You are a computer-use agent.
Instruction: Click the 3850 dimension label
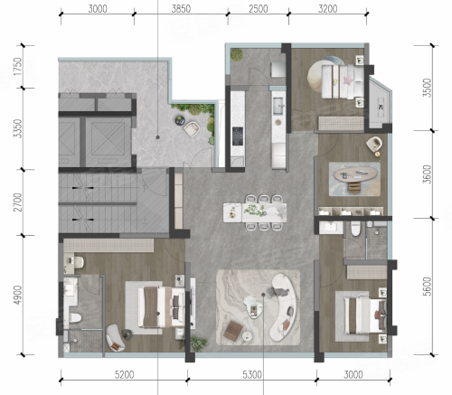pyautogui.click(x=181, y=9)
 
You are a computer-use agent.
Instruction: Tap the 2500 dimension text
pyautogui.click(x=259, y=9)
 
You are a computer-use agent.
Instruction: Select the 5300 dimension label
pyautogui.click(x=252, y=375)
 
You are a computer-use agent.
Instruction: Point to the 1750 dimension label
pyautogui.click(x=17, y=67)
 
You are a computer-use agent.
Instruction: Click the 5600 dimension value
pyautogui.click(x=427, y=287)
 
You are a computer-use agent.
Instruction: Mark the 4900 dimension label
pyautogui.click(x=17, y=295)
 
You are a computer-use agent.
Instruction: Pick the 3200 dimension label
pyautogui.click(x=328, y=9)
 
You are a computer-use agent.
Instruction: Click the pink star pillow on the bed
pyautogui.click(x=348, y=80)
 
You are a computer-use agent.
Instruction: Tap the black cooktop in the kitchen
pyautogui.click(x=238, y=136)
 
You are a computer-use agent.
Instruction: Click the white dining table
pyautogui.click(x=255, y=212)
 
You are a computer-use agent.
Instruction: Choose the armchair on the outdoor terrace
pyautogui.click(x=192, y=128)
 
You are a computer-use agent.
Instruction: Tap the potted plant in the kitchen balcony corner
pyautogui.click(x=237, y=54)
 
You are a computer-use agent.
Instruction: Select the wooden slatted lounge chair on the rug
pyautogui.click(x=233, y=331)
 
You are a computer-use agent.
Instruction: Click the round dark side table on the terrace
pyautogui.click(x=180, y=120)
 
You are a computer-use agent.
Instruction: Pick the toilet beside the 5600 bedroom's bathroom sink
pyautogui.click(x=356, y=229)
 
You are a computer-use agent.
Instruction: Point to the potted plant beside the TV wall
pyautogui.click(x=199, y=343)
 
